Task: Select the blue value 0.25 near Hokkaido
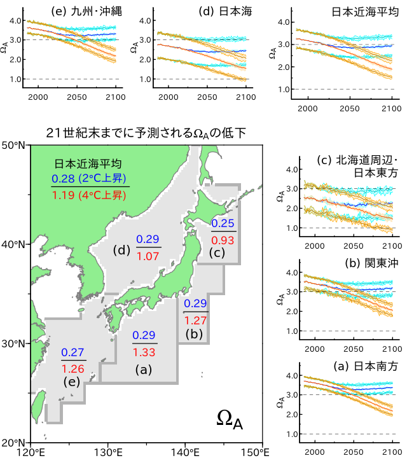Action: (223, 224)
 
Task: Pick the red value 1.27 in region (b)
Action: (195, 320)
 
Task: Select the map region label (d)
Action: (121, 249)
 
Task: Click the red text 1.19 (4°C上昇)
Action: (90, 195)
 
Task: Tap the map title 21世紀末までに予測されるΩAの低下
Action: (146, 132)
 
